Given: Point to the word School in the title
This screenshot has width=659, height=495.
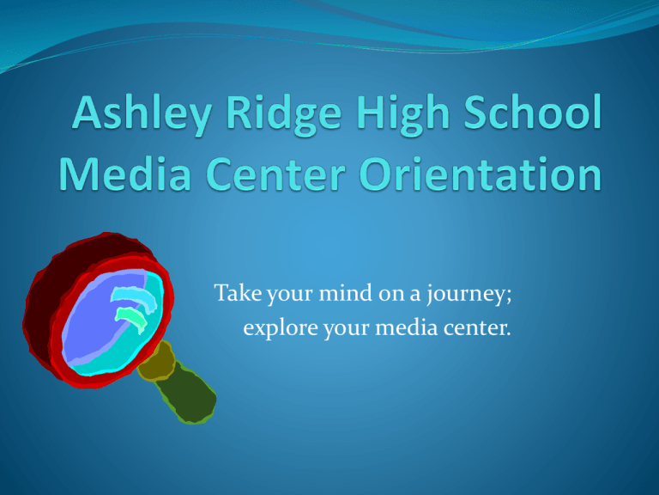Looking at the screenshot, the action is (533, 112).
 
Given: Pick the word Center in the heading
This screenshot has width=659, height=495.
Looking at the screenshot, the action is (275, 174).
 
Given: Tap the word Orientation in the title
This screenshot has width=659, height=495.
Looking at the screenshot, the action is (481, 174).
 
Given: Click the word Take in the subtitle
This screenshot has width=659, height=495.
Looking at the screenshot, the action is (238, 292).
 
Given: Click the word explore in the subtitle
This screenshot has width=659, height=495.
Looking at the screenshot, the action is (281, 328).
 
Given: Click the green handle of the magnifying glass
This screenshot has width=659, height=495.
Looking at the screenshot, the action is (187, 393).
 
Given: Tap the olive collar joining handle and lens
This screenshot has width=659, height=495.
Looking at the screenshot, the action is (156, 360).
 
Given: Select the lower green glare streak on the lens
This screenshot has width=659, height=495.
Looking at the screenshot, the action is (130, 319).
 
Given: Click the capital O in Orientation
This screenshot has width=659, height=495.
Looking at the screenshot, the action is (378, 174).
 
